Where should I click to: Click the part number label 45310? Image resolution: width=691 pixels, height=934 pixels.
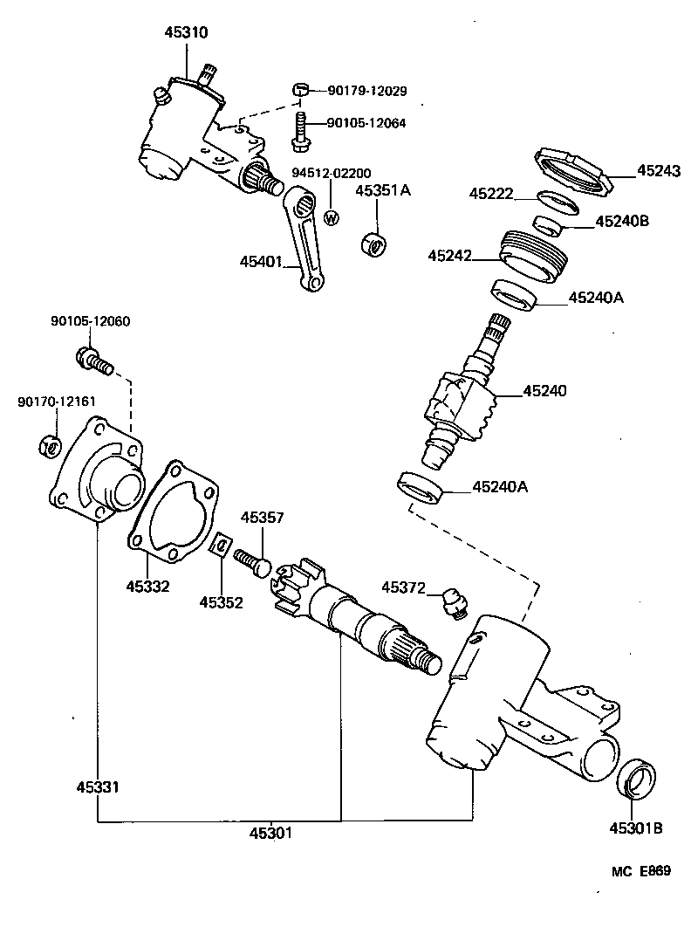(187, 32)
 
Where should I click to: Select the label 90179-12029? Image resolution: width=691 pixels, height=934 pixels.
(367, 90)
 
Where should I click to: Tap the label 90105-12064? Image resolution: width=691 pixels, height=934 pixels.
(366, 123)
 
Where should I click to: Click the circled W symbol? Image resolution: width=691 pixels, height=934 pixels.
(331, 217)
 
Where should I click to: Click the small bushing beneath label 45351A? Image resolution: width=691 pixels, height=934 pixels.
(373, 244)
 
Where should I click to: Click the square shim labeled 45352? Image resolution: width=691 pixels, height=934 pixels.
(222, 547)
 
